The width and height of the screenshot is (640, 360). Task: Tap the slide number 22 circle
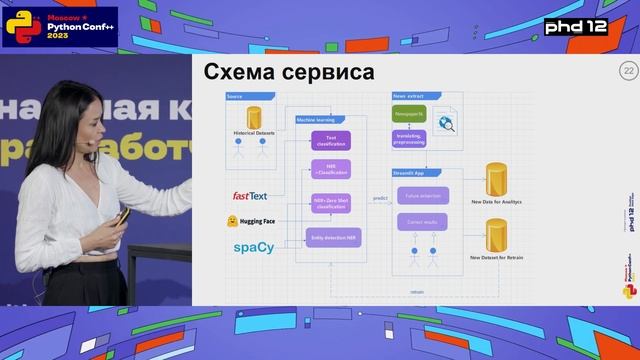(x=629, y=71)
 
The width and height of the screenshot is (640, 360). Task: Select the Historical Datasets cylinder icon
(x=253, y=117)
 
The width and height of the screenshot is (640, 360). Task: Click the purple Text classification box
(x=331, y=141)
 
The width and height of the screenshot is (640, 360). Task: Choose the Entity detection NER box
(x=331, y=236)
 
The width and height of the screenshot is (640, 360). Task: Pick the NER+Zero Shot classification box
(x=331, y=203)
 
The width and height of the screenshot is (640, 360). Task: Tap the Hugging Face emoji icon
(x=231, y=219)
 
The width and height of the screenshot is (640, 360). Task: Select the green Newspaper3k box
(x=410, y=115)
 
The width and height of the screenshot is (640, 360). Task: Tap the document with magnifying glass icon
(x=448, y=122)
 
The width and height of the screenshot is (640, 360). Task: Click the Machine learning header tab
(x=317, y=120)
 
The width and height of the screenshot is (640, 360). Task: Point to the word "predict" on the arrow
(x=379, y=198)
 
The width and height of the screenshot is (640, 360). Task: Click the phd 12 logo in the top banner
(x=593, y=23)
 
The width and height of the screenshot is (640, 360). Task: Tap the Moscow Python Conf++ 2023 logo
(x=60, y=24)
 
